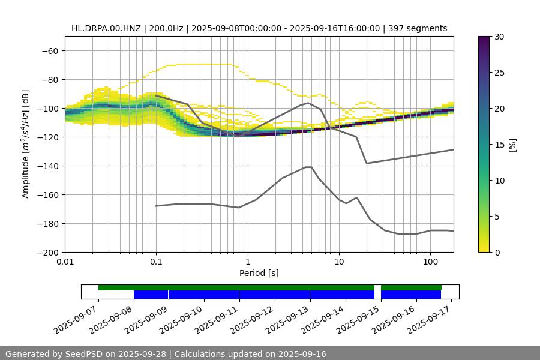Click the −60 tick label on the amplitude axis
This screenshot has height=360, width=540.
tap(50, 50)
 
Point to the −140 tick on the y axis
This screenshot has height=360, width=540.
tap(47, 166)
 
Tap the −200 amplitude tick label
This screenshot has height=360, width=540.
tap(47, 252)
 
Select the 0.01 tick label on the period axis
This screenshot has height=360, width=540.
tap(65, 262)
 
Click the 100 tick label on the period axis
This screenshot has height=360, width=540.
tap(430, 262)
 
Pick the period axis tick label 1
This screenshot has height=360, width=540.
tap(247, 262)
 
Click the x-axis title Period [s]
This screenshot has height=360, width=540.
tap(259, 273)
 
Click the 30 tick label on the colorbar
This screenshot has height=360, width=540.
tap(499, 37)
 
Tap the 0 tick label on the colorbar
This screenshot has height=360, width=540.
tap(497, 252)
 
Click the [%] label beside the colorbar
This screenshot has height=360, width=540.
tap(512, 145)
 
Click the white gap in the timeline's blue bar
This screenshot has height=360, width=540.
tap(377, 294)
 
